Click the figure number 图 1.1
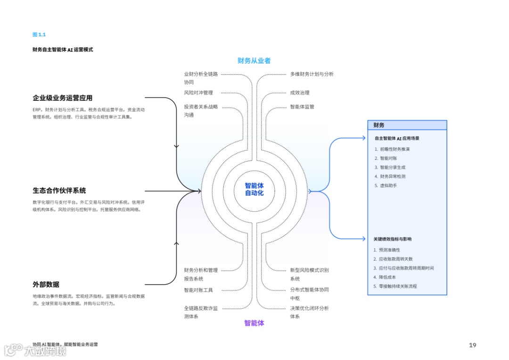[39, 34]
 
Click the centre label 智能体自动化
[254, 189]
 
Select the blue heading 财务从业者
[254, 61]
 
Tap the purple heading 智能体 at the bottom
[254, 323]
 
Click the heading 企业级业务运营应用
[62, 98]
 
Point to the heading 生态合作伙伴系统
[59, 191]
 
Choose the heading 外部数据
[46, 284]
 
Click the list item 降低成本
[387, 277]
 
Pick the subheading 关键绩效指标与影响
[393, 239]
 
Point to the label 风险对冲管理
[198, 93]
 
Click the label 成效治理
[300, 93]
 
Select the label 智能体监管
[302, 107]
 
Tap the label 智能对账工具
[198, 290]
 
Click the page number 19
[472, 345]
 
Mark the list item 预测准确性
[389, 250]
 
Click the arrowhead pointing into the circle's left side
[199, 191]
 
